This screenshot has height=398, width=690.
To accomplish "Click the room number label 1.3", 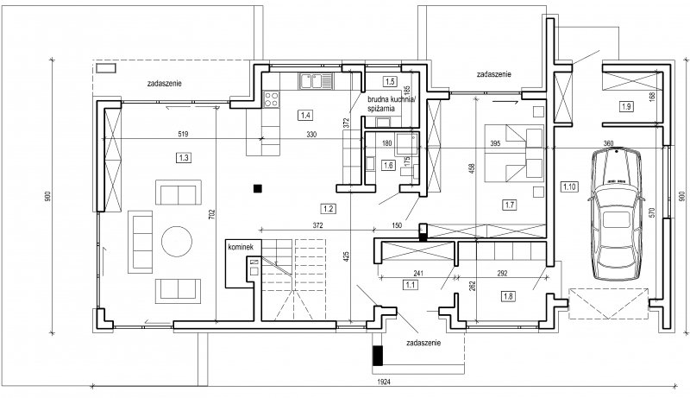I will point(182,157).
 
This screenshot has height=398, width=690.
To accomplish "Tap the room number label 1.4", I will point(304,114).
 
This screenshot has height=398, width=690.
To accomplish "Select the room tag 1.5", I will point(389,82).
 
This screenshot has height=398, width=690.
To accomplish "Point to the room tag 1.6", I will point(388,165).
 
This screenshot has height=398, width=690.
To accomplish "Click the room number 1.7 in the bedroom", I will point(509,205).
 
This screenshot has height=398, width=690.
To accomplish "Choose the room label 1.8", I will point(506,296).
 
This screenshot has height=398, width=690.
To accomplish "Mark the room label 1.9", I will point(626,106).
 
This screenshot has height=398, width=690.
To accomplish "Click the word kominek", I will point(241,248).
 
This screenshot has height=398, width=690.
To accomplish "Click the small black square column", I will point(256,186).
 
